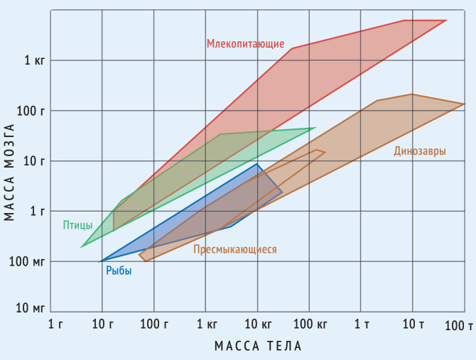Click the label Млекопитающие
pyautogui.click(x=245, y=44)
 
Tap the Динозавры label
pyautogui.click(x=420, y=151)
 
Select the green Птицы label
pyautogui.click(x=77, y=225)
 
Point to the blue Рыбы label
pyautogui.click(x=119, y=270)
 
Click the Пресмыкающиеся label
pyautogui.click(x=235, y=249)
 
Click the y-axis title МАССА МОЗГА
pyautogui.click(x=9, y=172)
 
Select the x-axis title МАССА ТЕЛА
pyautogui.click(x=258, y=346)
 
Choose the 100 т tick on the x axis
pyautogui.click(x=459, y=326)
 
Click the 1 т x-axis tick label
pyautogui.click(x=362, y=324)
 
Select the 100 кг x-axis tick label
pyautogui.click(x=309, y=324)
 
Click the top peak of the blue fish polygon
pyautogui.click(x=258, y=164)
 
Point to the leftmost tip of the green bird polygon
pyautogui.click(x=82, y=246)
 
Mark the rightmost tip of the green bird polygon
pyautogui.click(x=315, y=129)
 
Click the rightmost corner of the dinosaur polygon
pyautogui.click(x=464, y=104)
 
